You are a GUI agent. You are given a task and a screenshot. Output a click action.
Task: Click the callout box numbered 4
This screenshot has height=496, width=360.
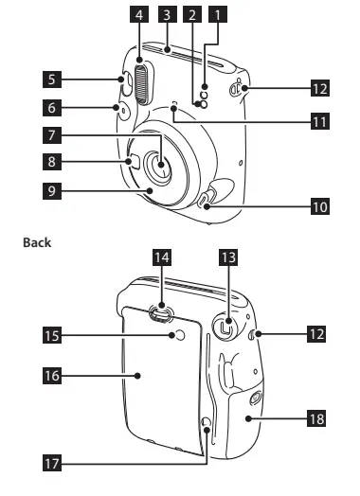tap(139, 14)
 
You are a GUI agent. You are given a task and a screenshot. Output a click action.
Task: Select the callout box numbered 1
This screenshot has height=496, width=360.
tap(218, 14)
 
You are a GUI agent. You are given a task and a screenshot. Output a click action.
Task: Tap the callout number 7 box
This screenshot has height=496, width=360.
tap(52, 135)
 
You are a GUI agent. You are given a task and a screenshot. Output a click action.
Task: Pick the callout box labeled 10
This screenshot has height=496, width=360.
tap(320, 206)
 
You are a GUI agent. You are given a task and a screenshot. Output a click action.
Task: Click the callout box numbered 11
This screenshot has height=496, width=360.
tap(320, 121)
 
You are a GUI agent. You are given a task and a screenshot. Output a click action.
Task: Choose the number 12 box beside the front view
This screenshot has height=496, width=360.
tap(320, 88)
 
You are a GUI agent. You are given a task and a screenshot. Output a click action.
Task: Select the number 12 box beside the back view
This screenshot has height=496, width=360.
tap(316, 334)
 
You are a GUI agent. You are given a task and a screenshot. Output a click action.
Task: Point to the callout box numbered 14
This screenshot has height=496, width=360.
tap(162, 257)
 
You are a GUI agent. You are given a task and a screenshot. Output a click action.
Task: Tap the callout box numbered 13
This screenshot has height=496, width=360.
tap(228, 257)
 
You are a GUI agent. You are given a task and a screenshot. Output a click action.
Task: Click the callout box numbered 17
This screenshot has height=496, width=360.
tap(52, 464)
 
